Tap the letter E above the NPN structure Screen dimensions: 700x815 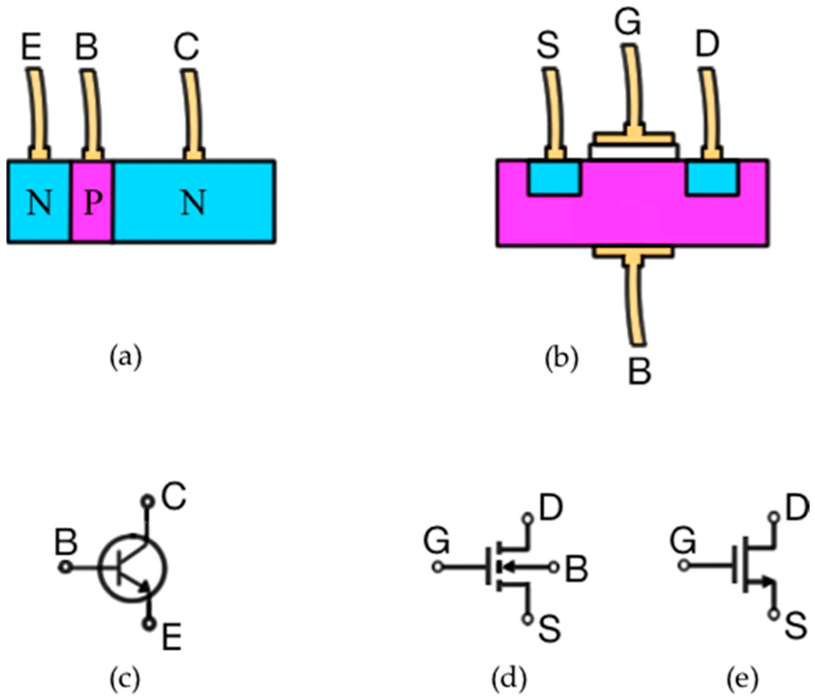point(31,46)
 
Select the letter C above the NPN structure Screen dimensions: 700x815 point(187,47)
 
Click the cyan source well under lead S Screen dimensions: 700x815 point(554,178)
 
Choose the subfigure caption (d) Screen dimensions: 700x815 point(509,678)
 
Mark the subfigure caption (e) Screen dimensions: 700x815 point(742,678)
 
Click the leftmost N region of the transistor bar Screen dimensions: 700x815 point(39,202)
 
